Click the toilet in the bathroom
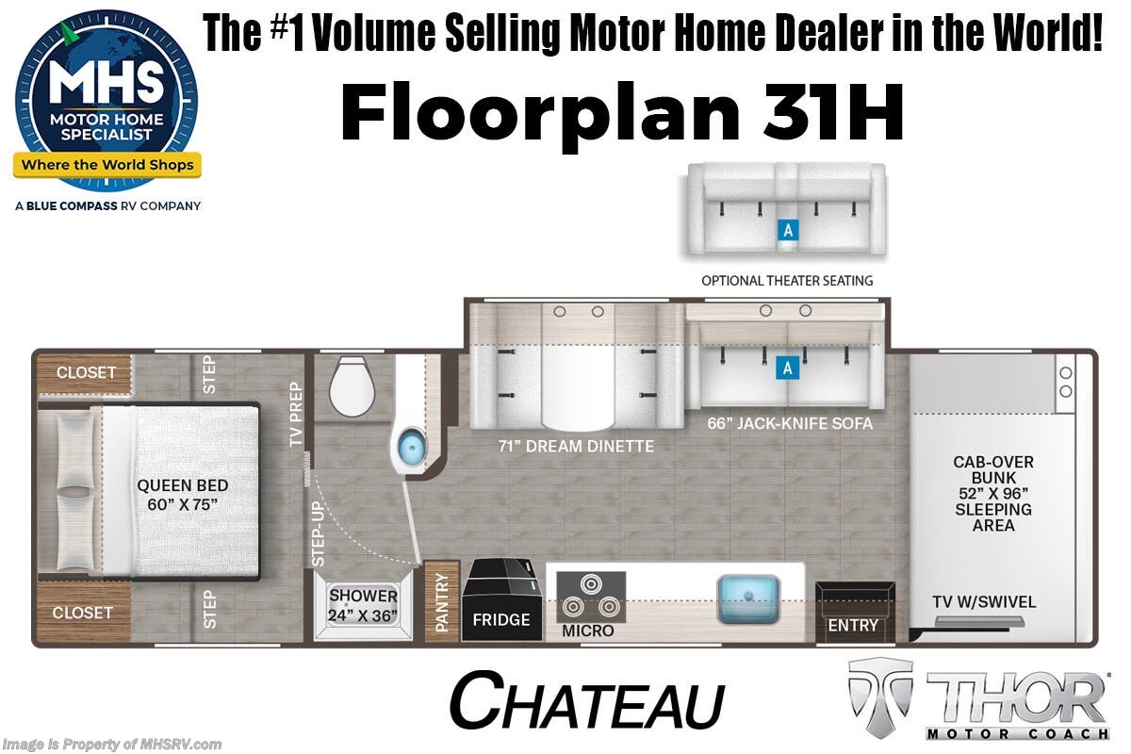[352, 385]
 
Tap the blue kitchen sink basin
[748, 598]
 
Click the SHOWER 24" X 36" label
[363, 605]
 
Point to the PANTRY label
[442, 602]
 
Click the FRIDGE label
[501, 619]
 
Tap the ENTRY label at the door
[853, 625]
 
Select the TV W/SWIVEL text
[984, 602]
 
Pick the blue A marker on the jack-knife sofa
[788, 369]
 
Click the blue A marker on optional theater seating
[788, 231]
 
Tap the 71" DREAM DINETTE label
[576, 446]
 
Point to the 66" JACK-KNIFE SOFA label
[790, 423]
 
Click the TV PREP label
[296, 414]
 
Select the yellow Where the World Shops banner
[107, 165]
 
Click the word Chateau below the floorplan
[587, 700]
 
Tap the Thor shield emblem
[880, 697]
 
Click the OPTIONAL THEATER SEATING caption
[787, 281]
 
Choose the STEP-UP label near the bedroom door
[317, 534]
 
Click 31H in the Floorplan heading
[832, 111]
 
